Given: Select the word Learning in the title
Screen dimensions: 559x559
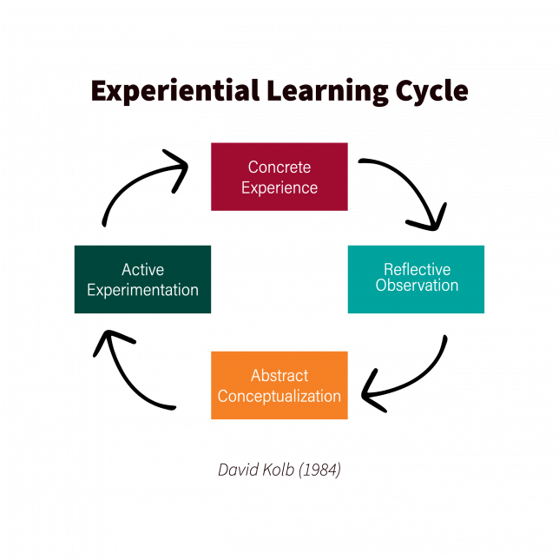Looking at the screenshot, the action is [x=327, y=91].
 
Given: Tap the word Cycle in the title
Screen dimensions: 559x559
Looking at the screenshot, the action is [x=431, y=91].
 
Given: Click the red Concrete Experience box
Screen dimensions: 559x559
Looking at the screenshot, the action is [x=279, y=177].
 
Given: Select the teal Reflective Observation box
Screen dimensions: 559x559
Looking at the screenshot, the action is [x=416, y=279].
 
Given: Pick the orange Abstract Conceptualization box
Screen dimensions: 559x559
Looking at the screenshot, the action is [x=279, y=385].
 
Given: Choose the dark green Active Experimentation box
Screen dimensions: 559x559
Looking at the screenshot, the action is [x=142, y=279].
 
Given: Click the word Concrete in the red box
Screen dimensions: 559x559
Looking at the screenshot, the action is [x=279, y=168].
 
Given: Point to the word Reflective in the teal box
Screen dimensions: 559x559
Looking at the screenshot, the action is [x=418, y=269].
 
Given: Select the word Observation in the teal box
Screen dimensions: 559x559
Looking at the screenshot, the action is [x=417, y=286].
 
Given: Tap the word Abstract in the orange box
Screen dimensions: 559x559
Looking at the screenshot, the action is [x=279, y=376].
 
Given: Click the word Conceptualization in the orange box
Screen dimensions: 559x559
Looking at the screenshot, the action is [x=279, y=397].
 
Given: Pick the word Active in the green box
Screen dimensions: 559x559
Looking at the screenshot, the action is [x=142, y=270].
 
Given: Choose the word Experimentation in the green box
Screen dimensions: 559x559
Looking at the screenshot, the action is [x=142, y=290].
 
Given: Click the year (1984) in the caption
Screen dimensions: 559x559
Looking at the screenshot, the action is [x=319, y=470].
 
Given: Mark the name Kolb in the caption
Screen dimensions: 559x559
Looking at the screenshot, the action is [x=278, y=470].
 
